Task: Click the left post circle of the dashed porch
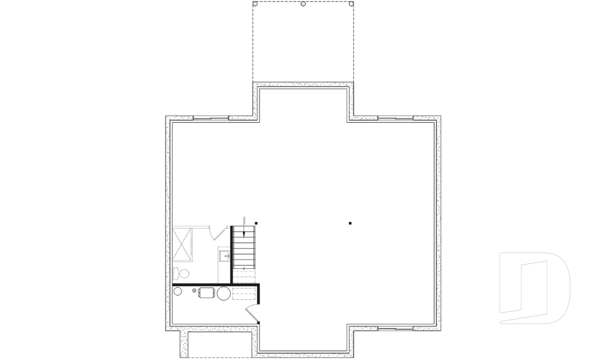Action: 255,4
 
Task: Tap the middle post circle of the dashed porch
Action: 303,4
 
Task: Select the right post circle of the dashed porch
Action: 352,4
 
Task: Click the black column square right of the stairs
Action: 256,223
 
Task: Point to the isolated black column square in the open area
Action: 350,223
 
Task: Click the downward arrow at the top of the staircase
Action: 244,233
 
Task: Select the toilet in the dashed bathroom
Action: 181,273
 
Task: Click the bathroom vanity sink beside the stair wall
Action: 224,256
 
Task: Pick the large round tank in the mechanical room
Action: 224,293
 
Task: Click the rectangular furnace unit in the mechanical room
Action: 207,293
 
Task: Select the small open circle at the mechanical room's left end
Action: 178,292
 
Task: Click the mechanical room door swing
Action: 252,313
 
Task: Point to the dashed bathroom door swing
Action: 219,232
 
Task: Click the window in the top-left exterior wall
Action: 211,118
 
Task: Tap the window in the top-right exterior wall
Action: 395,118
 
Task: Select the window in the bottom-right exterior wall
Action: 395,329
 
